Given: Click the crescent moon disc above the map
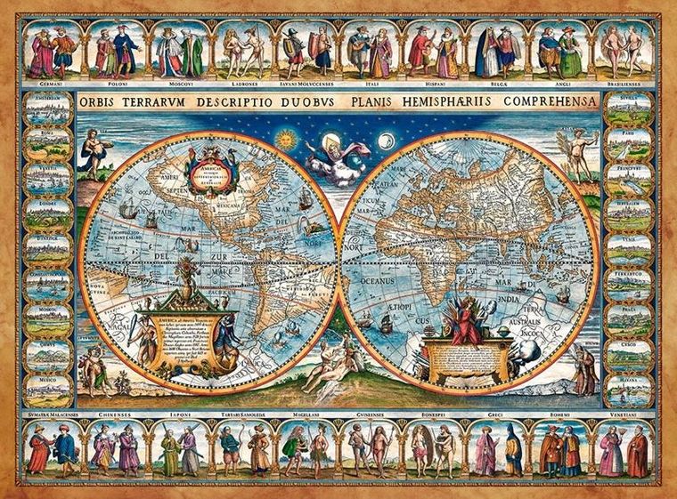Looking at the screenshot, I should point(387,140).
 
